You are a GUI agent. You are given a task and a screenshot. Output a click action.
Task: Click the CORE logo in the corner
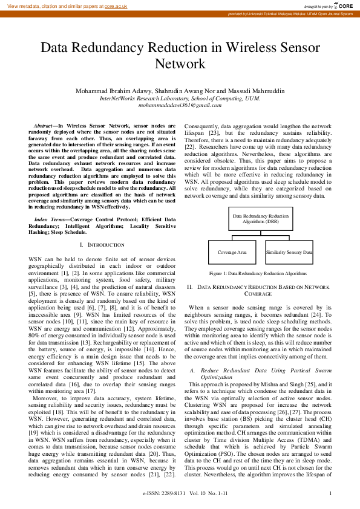pyautogui.click(x=342, y=5)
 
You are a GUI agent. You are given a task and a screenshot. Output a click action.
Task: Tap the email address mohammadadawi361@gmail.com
pyautogui.click(x=180, y=105)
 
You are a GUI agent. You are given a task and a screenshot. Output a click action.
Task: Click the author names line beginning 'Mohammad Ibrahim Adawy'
pyautogui.click(x=180, y=91)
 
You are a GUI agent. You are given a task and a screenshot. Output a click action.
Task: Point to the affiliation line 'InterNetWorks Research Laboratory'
pyautogui.click(x=180, y=98)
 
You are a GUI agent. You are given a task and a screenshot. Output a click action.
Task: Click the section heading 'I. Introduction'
pyautogui.click(x=102, y=244)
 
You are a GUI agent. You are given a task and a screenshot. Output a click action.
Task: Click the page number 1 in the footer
pyautogui.click(x=330, y=494)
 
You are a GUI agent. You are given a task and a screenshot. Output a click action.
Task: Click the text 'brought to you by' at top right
pyautogui.click(x=318, y=5)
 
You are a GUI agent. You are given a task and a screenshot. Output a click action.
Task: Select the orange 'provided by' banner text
pyautogui.click(x=290, y=13)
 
